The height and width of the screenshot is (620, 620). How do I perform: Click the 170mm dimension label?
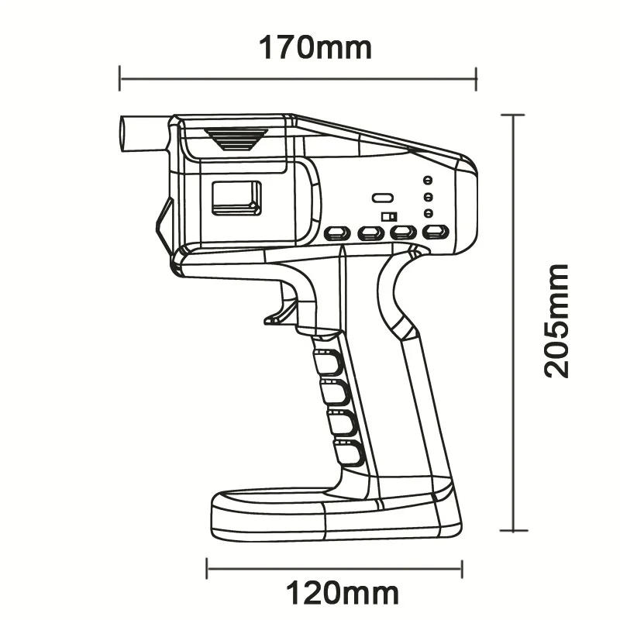point(315,48)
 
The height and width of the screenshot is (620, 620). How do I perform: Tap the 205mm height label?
point(556,320)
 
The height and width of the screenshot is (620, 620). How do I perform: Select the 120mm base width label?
point(343,594)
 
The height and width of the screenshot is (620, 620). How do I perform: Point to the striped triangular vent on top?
point(236,139)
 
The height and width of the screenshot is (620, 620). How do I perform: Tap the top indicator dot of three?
point(427,181)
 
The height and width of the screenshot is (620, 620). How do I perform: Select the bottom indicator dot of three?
point(427,213)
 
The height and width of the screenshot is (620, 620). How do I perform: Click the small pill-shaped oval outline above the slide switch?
point(383,198)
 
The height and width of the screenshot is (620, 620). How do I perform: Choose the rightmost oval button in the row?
point(436,232)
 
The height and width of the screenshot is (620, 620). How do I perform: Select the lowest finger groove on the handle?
point(350,453)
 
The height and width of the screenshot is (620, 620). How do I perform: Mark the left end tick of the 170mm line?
point(120,77)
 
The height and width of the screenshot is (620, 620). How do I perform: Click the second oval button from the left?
point(372,232)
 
